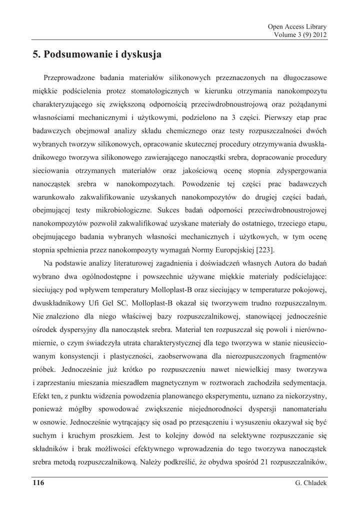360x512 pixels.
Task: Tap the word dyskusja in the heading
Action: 141,54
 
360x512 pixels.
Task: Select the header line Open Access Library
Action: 297,26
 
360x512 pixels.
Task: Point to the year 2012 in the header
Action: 318,34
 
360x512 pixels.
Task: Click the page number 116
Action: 38,482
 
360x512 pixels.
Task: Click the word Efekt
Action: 42,396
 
